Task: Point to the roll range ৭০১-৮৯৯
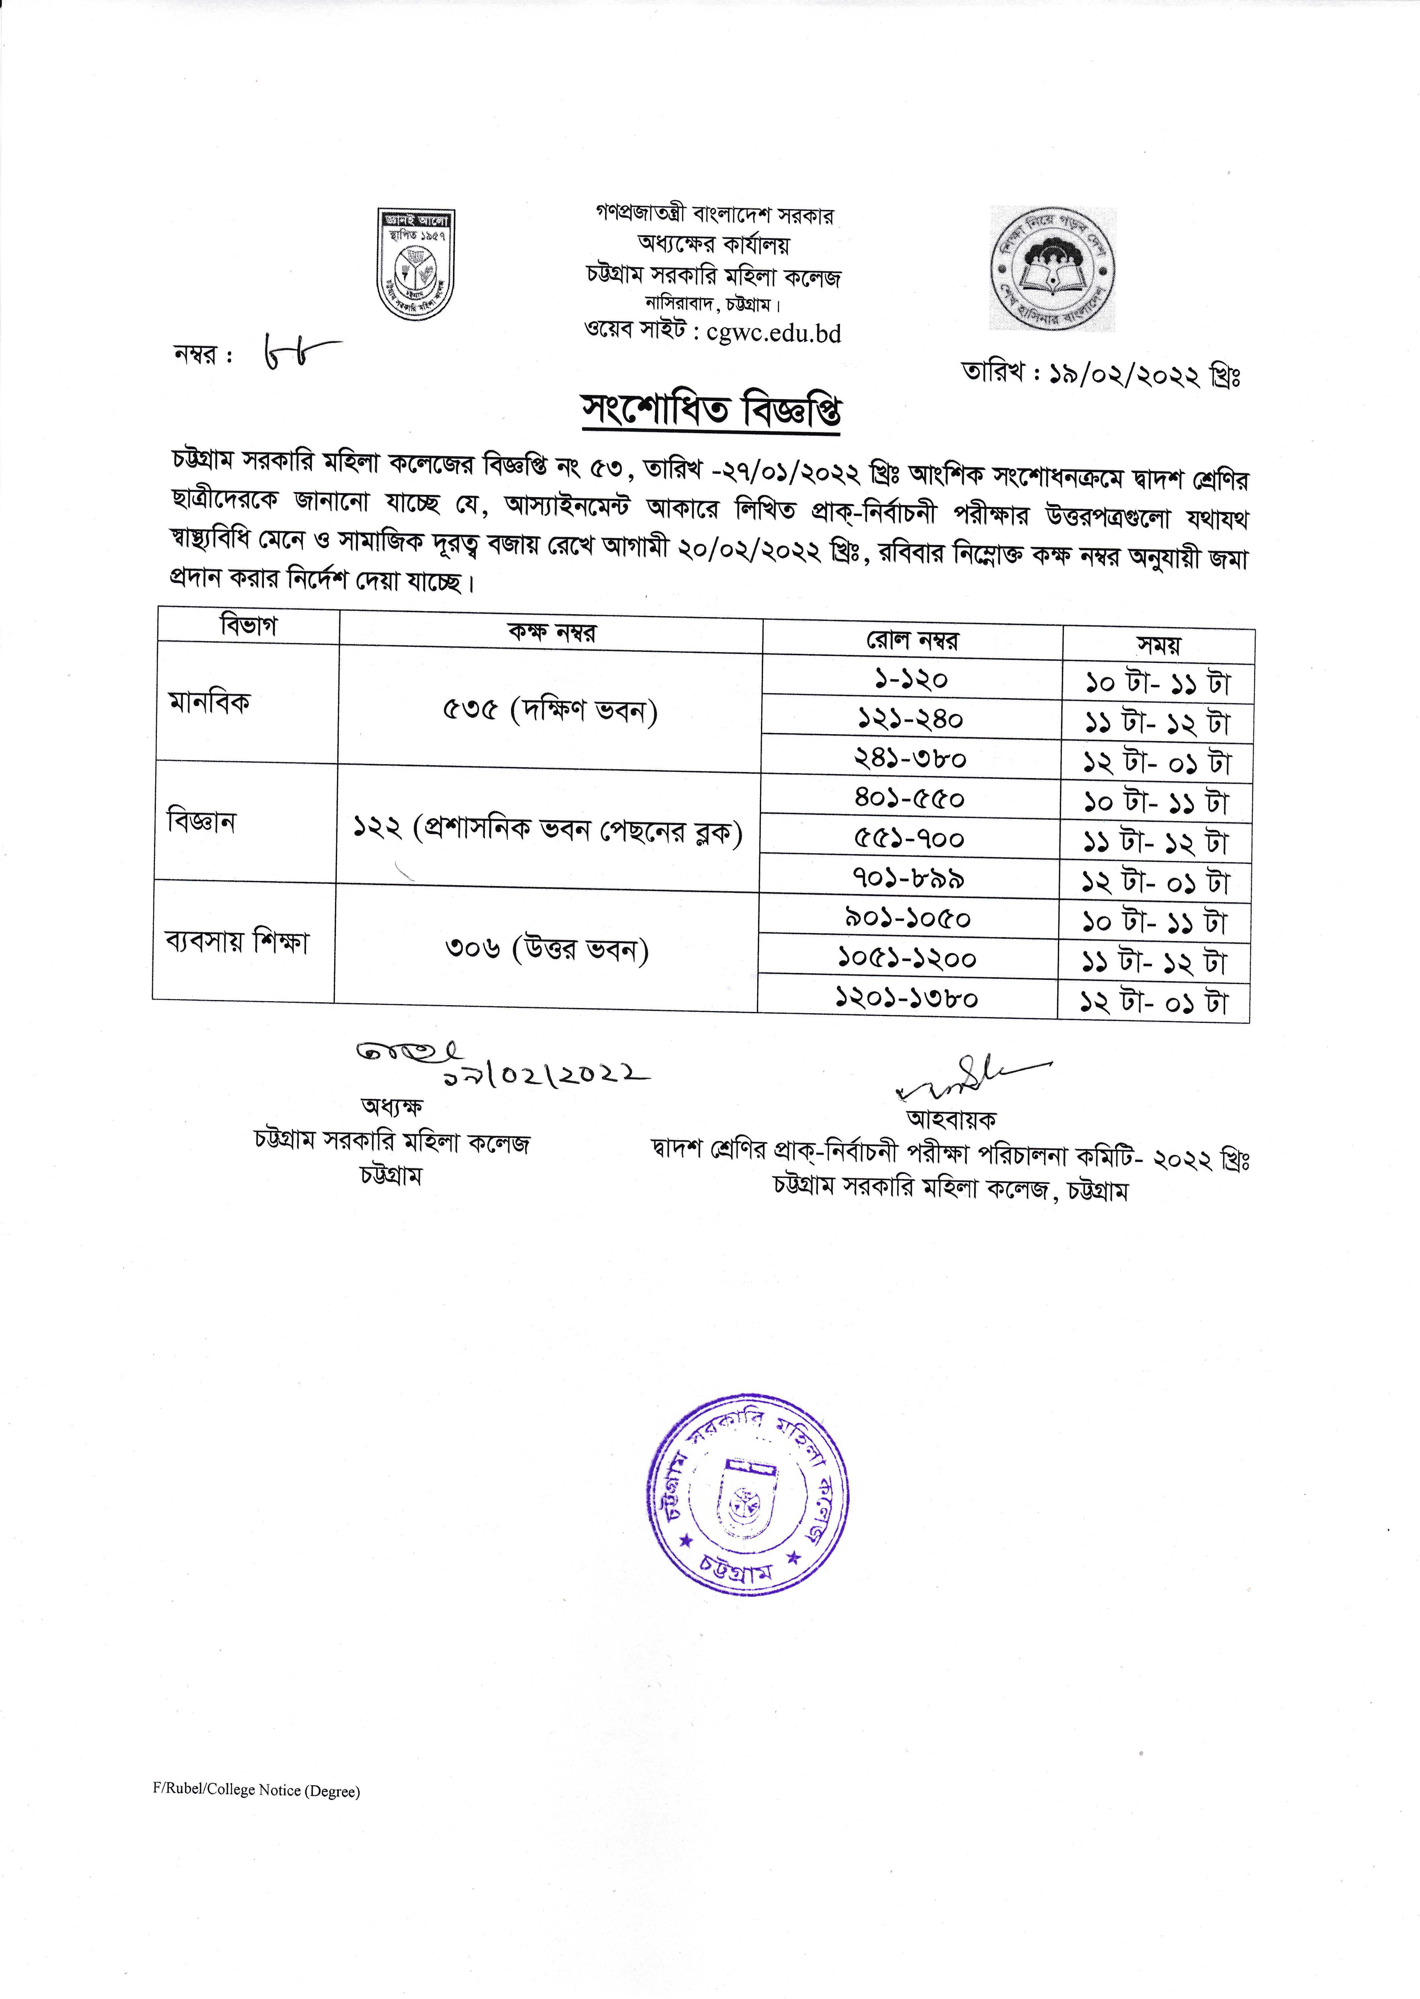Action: pos(909,878)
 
